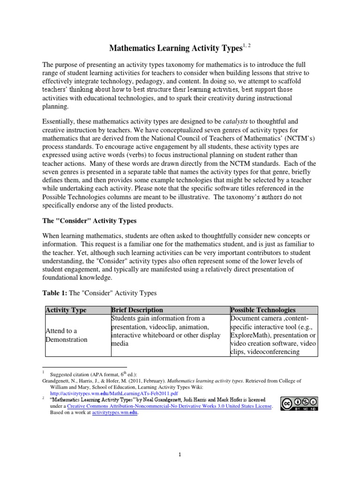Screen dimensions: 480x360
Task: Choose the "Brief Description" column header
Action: coord(137,310)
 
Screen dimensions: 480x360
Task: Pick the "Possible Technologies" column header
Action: coord(263,310)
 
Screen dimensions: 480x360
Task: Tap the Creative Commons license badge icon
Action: coord(299,404)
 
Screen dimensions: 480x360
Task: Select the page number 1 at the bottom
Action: coord(180,454)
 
